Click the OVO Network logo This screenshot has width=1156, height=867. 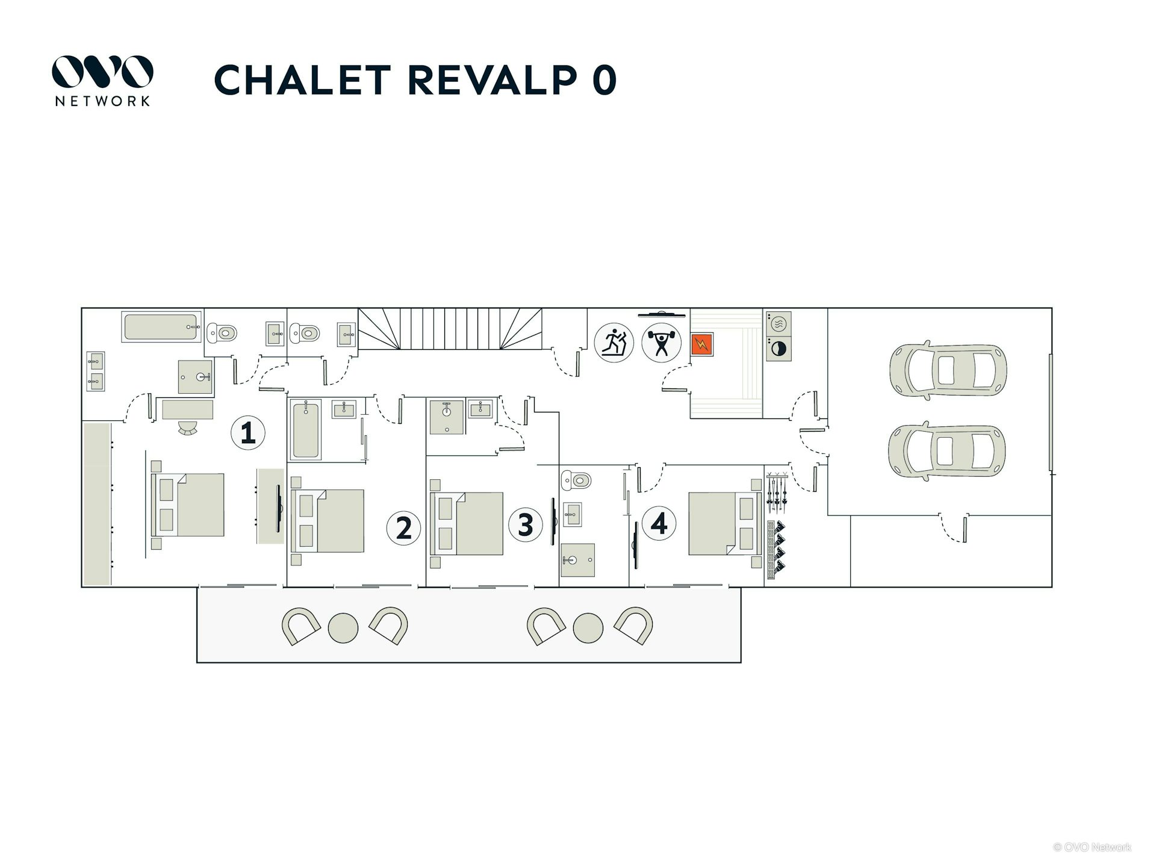[102, 81]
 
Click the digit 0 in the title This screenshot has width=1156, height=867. [604, 79]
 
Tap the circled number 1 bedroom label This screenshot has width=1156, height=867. [248, 432]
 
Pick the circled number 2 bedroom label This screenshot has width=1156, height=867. [403, 528]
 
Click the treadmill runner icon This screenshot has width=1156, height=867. [614, 343]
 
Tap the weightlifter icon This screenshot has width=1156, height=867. [661, 343]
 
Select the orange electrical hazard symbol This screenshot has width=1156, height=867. [701, 344]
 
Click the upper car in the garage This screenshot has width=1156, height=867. [948, 370]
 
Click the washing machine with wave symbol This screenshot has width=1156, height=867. [778, 324]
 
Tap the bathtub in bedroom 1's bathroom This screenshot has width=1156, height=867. [161, 327]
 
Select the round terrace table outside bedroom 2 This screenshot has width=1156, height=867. [343, 629]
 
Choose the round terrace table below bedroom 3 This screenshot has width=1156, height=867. [588, 629]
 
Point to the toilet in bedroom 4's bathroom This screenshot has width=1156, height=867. [576, 480]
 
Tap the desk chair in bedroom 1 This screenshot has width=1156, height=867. [188, 427]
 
